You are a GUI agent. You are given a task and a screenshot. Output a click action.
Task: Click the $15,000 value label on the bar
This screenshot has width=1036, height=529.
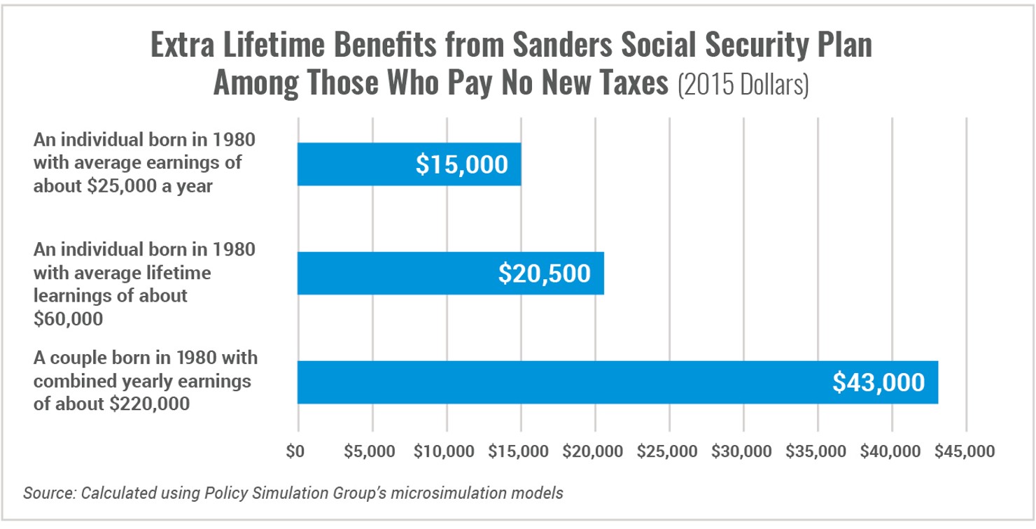coord(461,164)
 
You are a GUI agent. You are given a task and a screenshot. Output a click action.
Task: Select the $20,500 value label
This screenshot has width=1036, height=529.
coord(544,274)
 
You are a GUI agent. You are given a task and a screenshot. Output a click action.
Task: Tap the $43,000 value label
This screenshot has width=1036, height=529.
coord(878,383)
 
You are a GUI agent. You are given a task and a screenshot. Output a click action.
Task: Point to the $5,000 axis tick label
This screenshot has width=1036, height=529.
coord(372,451)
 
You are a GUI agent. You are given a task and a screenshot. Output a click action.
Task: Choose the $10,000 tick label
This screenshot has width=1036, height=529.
coord(447,451)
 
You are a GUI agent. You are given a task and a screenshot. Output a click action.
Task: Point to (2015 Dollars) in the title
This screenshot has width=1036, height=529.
coord(743,85)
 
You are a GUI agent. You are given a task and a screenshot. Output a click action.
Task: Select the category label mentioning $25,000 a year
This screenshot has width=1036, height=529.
coord(144,163)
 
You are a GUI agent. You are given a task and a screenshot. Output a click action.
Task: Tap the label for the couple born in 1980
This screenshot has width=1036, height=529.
coord(146,381)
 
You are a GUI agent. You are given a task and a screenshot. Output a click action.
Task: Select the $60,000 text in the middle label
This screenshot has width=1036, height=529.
coord(69,318)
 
